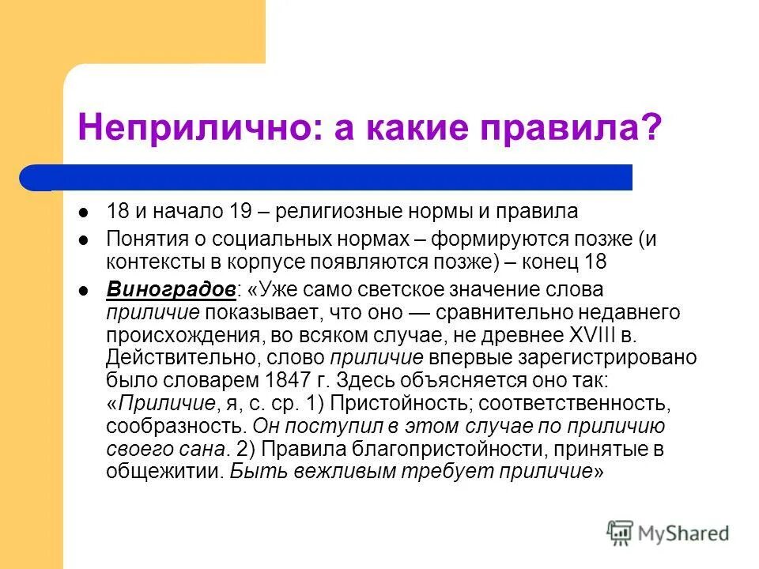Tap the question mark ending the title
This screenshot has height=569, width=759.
click(x=652, y=127)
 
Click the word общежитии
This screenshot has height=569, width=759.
click(x=162, y=472)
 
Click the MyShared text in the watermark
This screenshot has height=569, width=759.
click(x=684, y=533)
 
